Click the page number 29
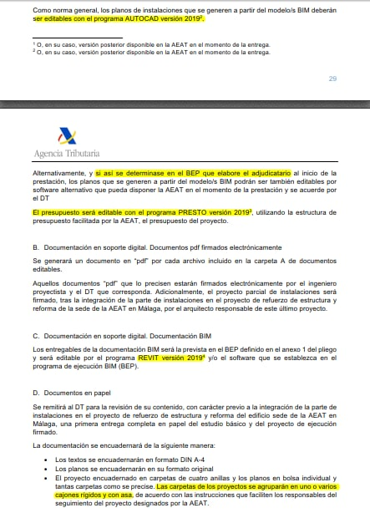(332, 79)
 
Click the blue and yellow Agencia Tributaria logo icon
(66, 135)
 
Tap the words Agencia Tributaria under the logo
(67, 153)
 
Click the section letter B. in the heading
(36, 248)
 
